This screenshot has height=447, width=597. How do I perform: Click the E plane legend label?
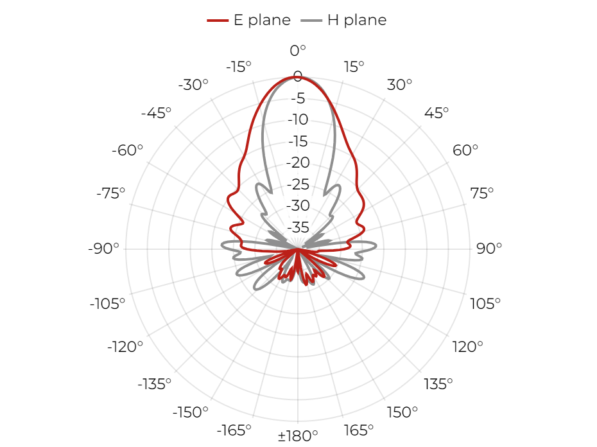tap(262, 20)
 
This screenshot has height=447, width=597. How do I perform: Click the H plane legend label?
tap(357, 20)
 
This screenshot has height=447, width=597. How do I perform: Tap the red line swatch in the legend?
tap(218, 21)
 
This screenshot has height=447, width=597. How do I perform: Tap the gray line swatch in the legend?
tap(311, 21)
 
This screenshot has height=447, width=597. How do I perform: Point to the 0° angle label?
tap(298, 50)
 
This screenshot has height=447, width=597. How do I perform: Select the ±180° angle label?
tap(298, 435)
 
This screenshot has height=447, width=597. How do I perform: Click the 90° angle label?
tap(489, 249)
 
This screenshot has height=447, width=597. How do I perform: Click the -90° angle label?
tap(103, 249)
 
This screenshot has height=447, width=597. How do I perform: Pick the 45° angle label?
tap(437, 113)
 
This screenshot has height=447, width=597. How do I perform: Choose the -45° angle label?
tap(156, 113)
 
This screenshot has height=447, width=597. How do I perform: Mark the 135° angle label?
tap(438, 384)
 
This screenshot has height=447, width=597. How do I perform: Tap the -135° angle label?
tap(154, 384)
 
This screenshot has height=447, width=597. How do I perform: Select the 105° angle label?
tap(485, 304)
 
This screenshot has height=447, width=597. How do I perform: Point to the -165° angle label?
tap(234, 430)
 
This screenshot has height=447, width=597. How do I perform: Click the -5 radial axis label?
tap(298, 98)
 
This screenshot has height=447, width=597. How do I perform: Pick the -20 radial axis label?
tap(298, 162)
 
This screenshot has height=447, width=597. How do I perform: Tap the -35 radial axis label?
tap(298, 227)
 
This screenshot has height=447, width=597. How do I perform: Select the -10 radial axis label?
tap(298, 119)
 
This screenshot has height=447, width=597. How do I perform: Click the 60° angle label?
tap(465, 150)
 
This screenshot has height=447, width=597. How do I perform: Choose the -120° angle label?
tap(125, 347)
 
